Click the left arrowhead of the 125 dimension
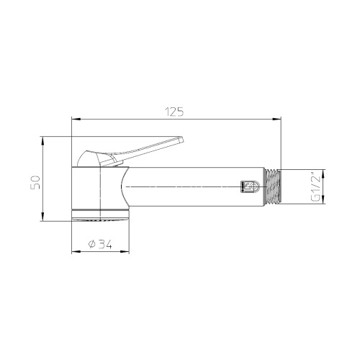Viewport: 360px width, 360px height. (74, 120)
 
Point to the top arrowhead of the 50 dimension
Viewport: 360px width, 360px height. (45, 138)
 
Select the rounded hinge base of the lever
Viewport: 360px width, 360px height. (94, 158)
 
